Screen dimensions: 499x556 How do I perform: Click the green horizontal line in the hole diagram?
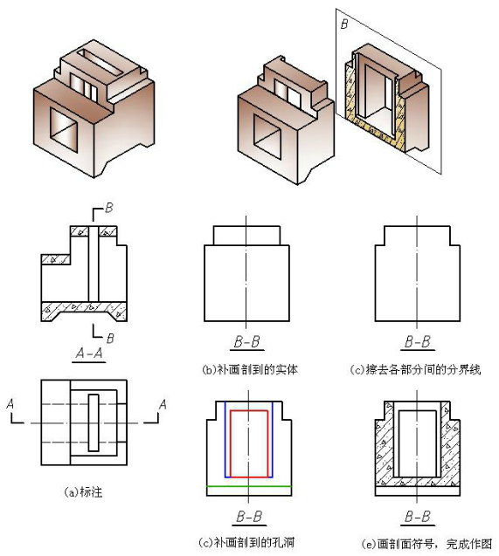pos(249,486)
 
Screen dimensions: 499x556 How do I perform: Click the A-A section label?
pos(89,354)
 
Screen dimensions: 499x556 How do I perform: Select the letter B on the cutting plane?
pos(344,24)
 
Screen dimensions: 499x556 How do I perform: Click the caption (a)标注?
pos(84,492)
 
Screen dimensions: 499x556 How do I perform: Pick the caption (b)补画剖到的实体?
pos(250,369)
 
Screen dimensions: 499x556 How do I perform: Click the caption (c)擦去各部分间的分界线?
pos(415,369)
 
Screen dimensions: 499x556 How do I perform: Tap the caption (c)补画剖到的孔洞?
pos(246,543)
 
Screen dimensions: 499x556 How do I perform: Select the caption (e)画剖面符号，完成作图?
pos(427,544)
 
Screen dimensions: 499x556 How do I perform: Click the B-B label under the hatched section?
pos(418,517)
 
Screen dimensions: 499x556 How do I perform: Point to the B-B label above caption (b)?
pos(247,342)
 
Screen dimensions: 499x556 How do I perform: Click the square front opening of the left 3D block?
pos(64,130)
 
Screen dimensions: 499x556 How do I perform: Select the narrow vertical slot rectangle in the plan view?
pos(94,422)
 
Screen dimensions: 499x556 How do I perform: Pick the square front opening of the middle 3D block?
pos(267,137)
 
